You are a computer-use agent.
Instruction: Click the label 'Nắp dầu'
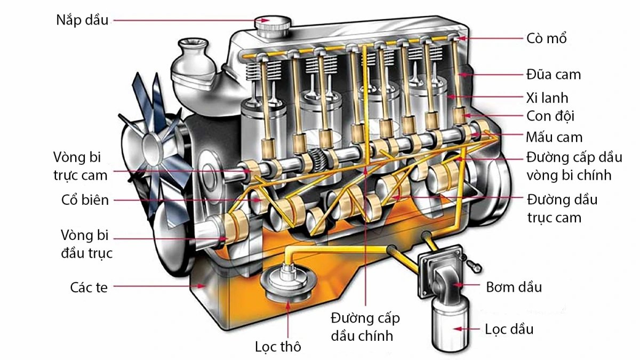coord(82,21)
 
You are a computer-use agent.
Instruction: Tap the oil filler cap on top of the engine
coord(273,24)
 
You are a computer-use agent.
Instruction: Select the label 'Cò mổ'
coord(546,38)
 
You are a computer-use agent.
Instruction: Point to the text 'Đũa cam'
coord(553,74)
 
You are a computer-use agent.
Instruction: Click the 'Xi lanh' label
coord(547,98)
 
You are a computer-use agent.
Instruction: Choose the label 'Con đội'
coord(550,116)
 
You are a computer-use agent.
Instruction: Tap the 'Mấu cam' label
coord(554,138)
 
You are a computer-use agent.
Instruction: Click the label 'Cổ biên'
coord(85,201)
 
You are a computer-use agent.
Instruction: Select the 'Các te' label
coord(89,287)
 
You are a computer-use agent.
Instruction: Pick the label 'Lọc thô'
coord(278,347)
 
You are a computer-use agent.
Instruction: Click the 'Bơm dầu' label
coord(514,287)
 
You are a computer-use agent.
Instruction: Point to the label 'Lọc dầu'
coord(509,329)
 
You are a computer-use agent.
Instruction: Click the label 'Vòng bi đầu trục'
coord(86,244)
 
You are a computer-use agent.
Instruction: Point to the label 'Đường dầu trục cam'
coord(562,209)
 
